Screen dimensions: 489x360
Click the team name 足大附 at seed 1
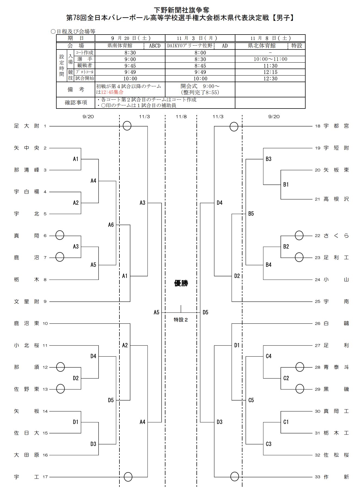tap(26, 126)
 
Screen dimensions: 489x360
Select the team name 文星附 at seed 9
tap(26, 301)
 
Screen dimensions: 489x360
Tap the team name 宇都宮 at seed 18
tap(336, 126)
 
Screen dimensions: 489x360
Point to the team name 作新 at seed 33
tap(336, 477)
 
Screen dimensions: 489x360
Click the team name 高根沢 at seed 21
tap(336, 199)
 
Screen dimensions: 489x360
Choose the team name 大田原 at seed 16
tap(26, 455)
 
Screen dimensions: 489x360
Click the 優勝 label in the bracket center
tap(181, 283)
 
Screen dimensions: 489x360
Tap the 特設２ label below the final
tap(181, 320)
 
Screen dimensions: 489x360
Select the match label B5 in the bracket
tap(251, 214)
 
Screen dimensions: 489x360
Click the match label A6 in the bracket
tap(111, 225)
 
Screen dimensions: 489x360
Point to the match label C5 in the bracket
tap(251, 400)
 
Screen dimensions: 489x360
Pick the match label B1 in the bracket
tap(286, 185)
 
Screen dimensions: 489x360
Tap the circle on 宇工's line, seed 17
tap(128, 477)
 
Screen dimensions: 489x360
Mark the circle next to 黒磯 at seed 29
tap(300, 389)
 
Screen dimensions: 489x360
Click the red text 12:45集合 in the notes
tap(112, 92)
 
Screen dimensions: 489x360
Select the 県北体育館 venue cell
tap(261, 46)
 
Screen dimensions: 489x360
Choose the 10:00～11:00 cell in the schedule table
tap(270, 59)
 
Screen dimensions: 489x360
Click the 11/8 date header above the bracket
tap(181, 117)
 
